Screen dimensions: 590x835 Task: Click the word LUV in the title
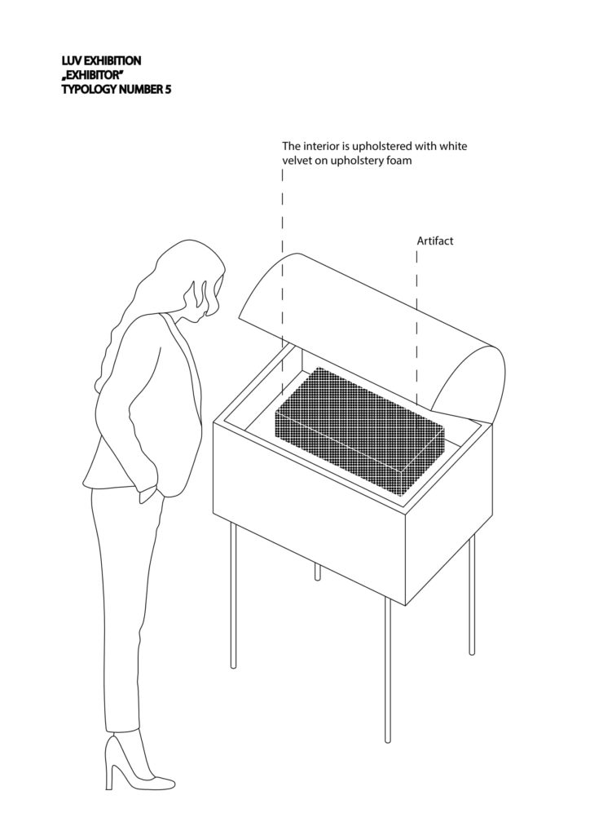point(71,60)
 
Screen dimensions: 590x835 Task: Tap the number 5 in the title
point(168,90)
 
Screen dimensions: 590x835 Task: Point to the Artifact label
point(434,241)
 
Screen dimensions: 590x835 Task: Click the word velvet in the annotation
point(297,161)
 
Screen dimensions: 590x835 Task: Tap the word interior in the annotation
point(319,146)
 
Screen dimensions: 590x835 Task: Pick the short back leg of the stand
point(318,572)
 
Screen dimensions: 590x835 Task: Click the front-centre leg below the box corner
point(388,670)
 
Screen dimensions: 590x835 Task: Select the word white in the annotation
point(454,146)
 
